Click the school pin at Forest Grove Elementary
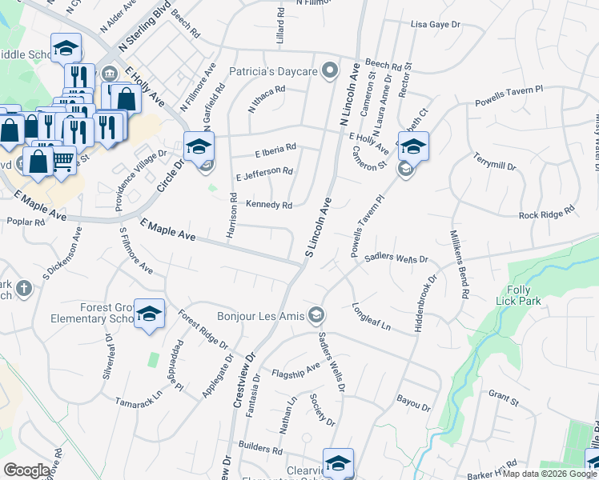(149, 314)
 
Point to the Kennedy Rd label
(268, 205)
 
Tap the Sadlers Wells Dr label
(398, 258)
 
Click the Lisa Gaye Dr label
(436, 25)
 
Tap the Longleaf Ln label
(371, 318)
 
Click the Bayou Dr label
(413, 402)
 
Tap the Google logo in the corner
(27, 470)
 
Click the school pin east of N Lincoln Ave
(413, 146)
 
